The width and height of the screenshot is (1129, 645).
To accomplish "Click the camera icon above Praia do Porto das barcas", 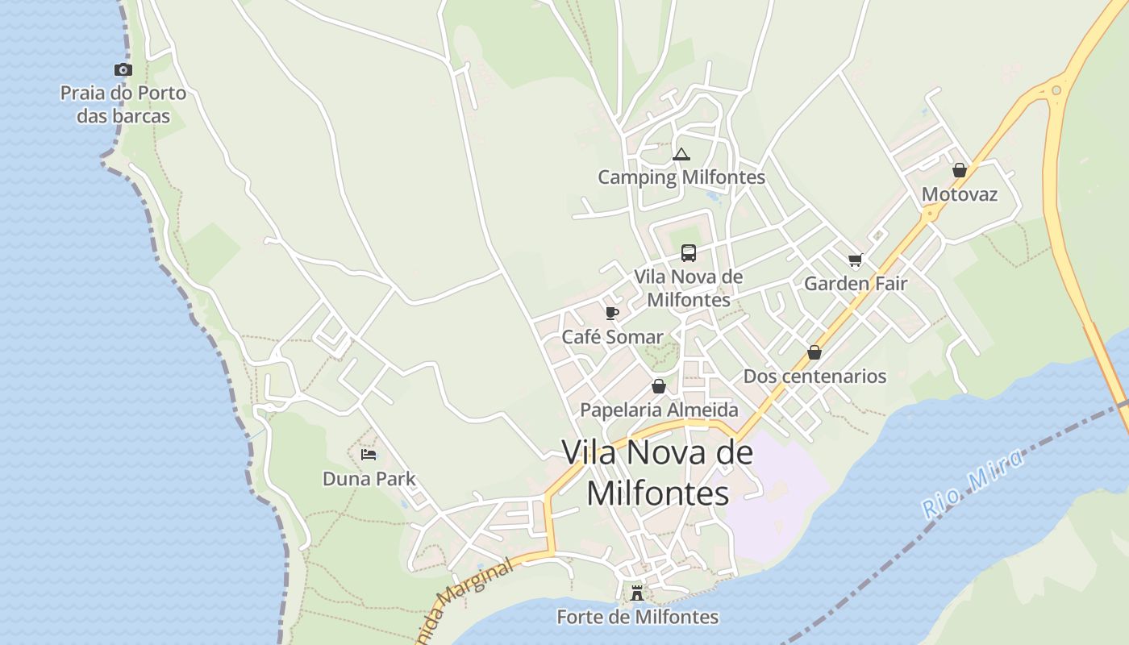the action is click(123, 70).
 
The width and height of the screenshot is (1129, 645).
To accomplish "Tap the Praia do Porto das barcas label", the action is click(123, 105).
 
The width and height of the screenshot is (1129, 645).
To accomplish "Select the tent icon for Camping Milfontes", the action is click(681, 154).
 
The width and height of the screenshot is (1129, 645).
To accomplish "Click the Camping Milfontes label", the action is click(681, 177).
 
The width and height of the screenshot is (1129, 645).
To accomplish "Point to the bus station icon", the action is click(688, 253).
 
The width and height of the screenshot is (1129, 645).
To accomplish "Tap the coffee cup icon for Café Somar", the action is click(612, 313).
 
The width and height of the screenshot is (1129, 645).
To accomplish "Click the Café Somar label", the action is click(612, 337).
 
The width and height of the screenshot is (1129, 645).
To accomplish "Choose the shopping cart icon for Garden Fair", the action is click(855, 260).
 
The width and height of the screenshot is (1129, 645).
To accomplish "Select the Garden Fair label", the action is click(855, 284).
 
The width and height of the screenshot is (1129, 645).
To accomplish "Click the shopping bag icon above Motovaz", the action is click(960, 170).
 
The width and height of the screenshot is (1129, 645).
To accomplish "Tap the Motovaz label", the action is click(960, 194).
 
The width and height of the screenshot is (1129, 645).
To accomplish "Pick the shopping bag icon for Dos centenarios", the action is click(814, 352).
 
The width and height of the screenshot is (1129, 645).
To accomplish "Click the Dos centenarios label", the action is click(814, 377).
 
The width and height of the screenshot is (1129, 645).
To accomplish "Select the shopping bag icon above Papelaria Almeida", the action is click(659, 386).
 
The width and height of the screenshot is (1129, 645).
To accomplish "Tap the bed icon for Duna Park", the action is click(369, 455).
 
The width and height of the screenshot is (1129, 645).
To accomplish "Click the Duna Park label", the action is click(369, 479).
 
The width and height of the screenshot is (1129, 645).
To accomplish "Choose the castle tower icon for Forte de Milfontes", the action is click(637, 593).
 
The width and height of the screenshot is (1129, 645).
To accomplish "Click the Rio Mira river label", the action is click(973, 483).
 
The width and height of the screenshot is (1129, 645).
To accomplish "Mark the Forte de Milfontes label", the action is click(637, 618).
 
